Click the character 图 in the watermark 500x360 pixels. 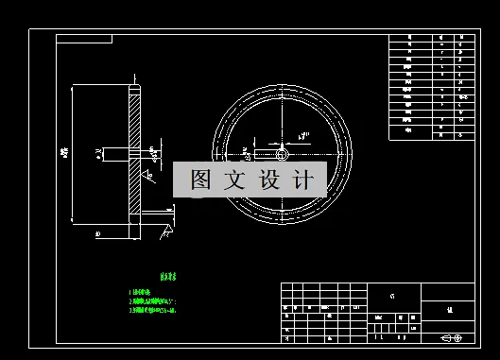tap(199, 180)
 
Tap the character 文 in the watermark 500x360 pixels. tap(233, 180)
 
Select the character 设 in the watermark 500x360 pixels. tap(267, 180)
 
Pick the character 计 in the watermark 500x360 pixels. tap(302, 180)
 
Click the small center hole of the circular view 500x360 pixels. tap(282, 153)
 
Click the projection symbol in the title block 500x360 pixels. tap(452, 337)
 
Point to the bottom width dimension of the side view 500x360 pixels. tap(98, 231)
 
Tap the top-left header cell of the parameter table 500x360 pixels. tap(409, 39)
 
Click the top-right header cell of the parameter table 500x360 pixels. tap(461, 39)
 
